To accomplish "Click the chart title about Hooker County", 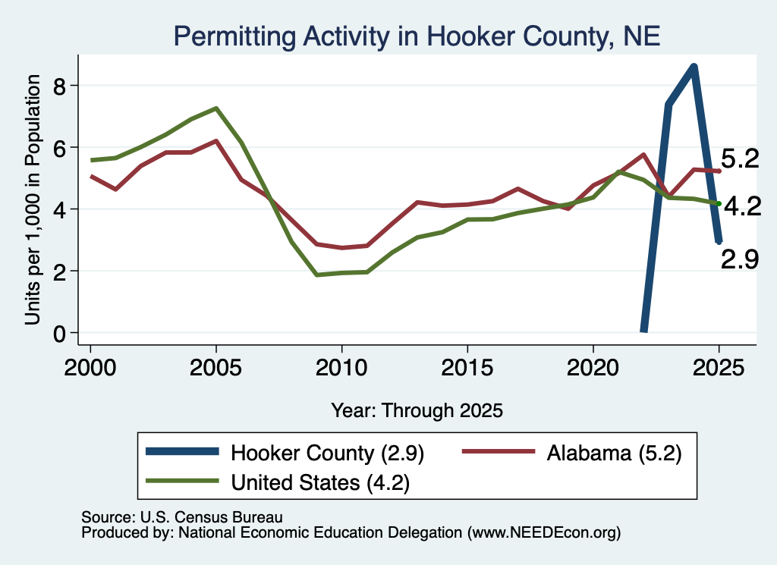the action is tap(417, 36).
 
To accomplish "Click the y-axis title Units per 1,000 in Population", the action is tap(33, 199).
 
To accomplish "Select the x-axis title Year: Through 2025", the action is tap(417, 410).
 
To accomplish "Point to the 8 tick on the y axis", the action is tap(59, 86).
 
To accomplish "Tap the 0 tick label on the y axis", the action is tap(59, 334).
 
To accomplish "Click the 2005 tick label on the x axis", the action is tap(215, 368).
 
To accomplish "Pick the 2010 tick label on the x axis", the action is tap(341, 368).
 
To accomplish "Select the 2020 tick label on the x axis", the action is tap(593, 368).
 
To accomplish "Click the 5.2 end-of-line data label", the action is tap(740, 159).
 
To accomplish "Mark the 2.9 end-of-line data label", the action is tap(739, 259).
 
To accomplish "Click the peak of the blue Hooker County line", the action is tap(694, 67).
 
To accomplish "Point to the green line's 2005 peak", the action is tap(216, 108).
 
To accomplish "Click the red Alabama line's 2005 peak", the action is tap(216, 140).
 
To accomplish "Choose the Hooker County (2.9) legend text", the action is tap(327, 453).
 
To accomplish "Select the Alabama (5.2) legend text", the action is tap(615, 453).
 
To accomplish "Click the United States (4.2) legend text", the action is tap(320, 482).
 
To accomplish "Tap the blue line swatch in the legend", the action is tap(182, 451).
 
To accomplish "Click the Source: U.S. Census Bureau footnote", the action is tap(182, 517).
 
